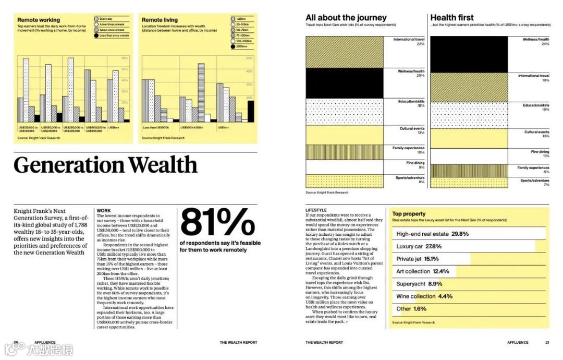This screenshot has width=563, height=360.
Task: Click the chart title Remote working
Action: [x=39, y=20]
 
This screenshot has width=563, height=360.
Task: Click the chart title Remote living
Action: [x=160, y=20]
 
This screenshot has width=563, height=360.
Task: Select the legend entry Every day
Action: [x=107, y=19]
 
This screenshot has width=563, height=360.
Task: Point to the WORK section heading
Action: [x=104, y=211]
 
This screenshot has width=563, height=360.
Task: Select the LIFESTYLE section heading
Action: [x=316, y=210]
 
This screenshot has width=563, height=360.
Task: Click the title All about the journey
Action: [x=346, y=18]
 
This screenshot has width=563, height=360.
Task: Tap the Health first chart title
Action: [x=452, y=18]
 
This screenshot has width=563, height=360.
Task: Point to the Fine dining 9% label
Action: [x=415, y=165]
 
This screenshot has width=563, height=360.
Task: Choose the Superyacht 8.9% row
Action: [x=419, y=284]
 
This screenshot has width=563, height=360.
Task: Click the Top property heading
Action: [x=409, y=214]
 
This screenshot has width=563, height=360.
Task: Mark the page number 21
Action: [x=547, y=343]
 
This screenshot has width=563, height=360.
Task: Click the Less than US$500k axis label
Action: [x=154, y=127]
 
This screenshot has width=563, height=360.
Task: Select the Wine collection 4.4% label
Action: [x=424, y=296]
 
